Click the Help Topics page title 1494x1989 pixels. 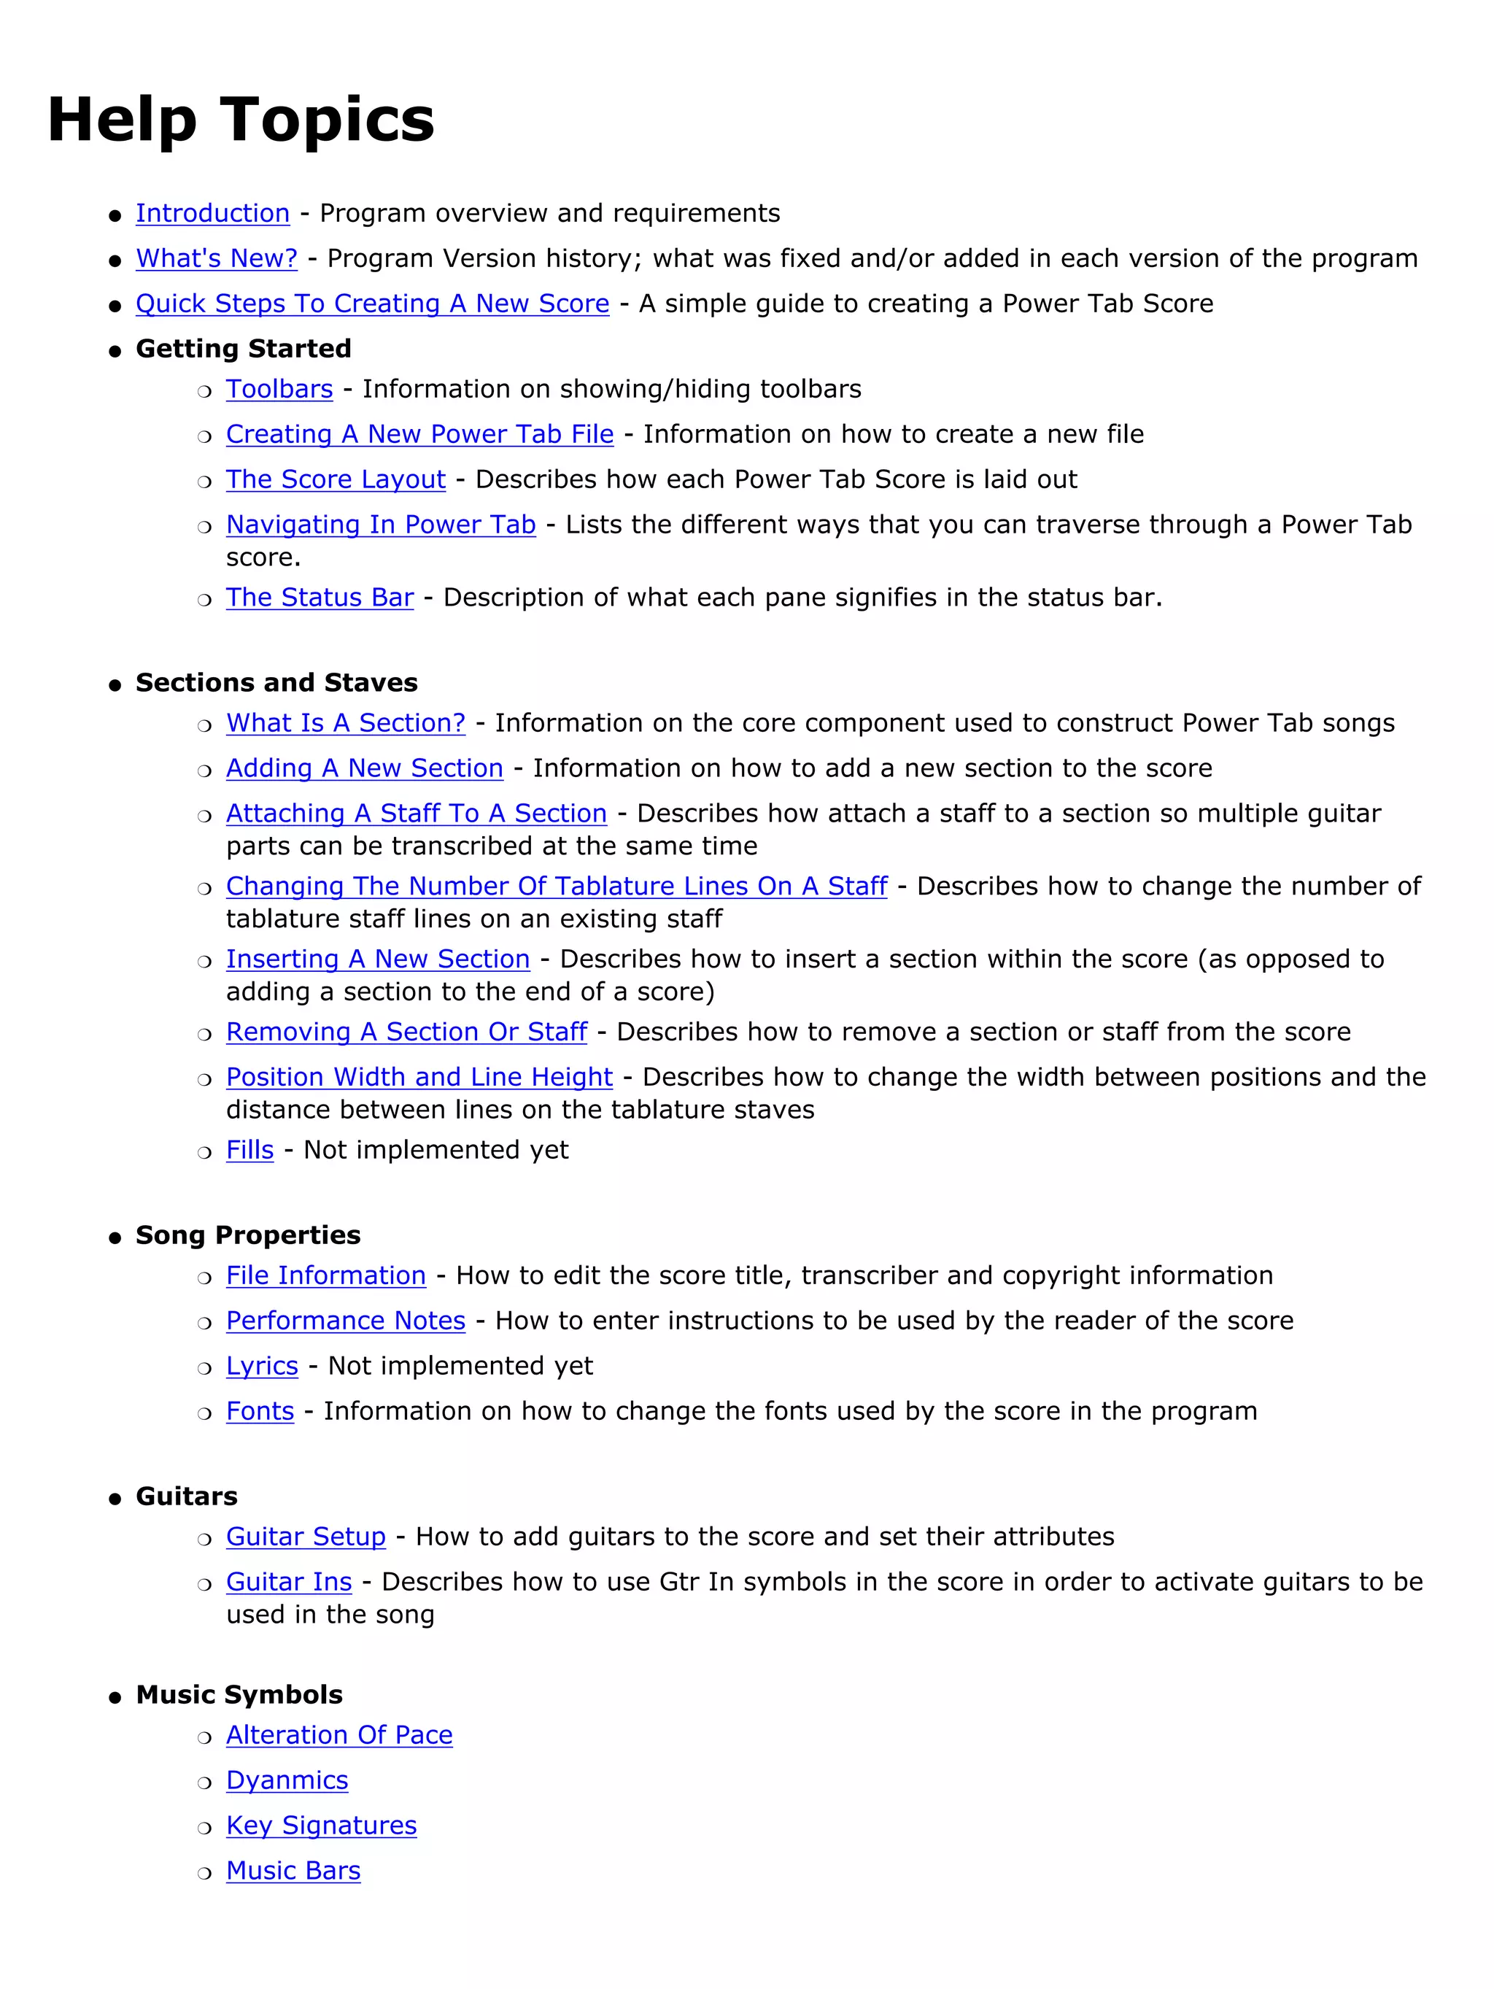(241, 120)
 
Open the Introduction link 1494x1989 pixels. (212, 213)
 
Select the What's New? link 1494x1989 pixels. (216, 258)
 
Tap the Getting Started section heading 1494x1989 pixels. (243, 348)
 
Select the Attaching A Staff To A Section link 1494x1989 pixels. (417, 813)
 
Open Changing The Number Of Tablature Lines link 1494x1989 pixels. (557, 886)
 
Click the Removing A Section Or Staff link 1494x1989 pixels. (406, 1032)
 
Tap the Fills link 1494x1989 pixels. (250, 1149)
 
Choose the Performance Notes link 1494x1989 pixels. (345, 1320)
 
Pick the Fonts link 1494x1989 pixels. (260, 1411)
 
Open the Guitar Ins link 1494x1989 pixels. (289, 1582)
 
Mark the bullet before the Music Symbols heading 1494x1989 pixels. (114, 1698)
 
